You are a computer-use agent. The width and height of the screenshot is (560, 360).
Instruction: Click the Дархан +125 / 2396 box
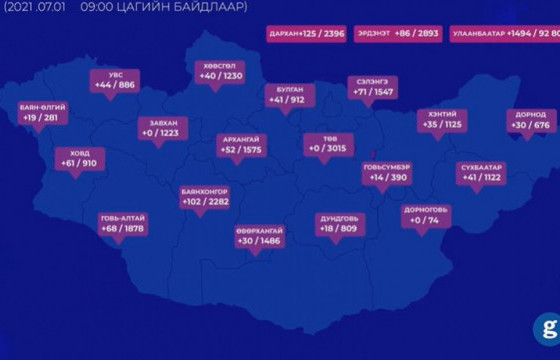(305, 34)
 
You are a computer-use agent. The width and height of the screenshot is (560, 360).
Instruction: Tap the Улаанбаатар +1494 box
(504, 34)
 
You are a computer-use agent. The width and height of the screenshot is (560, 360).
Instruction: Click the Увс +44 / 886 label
(115, 80)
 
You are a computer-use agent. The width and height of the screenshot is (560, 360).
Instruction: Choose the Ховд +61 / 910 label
(79, 158)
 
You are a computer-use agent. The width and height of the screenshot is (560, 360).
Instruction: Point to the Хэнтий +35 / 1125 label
(443, 120)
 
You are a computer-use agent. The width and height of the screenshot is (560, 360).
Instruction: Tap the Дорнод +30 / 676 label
(530, 120)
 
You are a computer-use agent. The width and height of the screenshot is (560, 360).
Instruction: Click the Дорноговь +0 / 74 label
(425, 215)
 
